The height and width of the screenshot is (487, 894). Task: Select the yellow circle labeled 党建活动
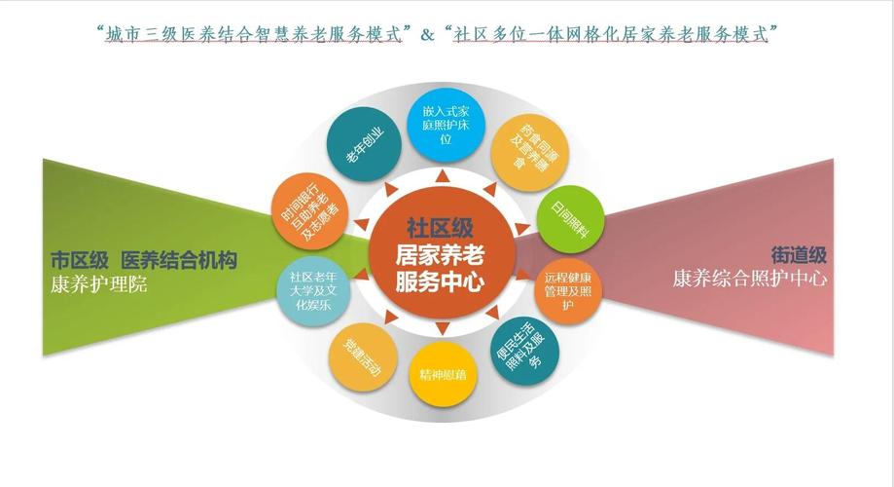point(362,355)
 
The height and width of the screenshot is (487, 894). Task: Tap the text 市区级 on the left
point(79,261)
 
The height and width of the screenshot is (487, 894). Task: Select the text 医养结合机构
point(179,261)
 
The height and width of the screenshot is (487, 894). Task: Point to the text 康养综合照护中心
point(749,279)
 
